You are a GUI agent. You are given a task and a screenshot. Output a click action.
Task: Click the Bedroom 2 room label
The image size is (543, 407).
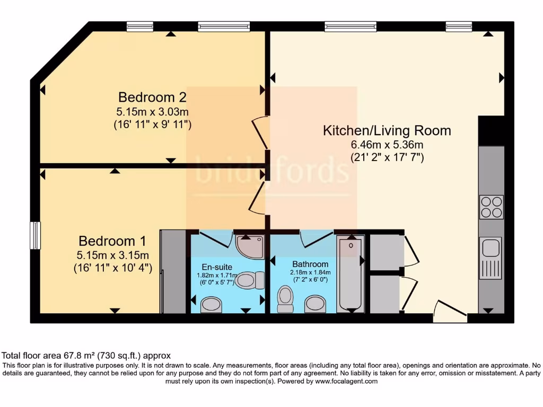[x=152, y=98]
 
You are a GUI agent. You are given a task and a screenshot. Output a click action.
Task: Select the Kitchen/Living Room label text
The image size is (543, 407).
[x=387, y=130]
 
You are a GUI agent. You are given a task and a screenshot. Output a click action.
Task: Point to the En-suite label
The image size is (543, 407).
[x=217, y=267]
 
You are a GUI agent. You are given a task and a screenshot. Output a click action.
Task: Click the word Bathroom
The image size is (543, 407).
[x=310, y=264]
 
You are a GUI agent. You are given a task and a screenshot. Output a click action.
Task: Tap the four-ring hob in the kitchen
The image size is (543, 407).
[x=491, y=207]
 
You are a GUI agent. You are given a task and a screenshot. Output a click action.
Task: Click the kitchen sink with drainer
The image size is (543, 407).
[x=491, y=258]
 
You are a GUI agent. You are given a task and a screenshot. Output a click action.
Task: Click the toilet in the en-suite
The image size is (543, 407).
[x=250, y=280]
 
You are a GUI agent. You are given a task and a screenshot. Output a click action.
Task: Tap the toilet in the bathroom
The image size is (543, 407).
[x=285, y=299]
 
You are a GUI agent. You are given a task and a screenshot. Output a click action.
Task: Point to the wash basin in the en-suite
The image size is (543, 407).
[x=212, y=304]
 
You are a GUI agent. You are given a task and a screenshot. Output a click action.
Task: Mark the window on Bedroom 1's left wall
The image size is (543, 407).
[x=35, y=235]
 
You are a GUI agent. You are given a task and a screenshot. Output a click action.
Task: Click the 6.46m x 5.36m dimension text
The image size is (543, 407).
[x=387, y=144]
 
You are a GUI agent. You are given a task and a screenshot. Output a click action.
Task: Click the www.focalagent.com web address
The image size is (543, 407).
[x=346, y=381]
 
